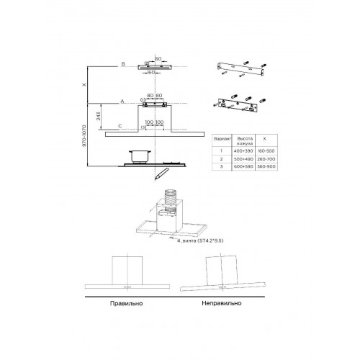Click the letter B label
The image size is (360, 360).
[123, 65]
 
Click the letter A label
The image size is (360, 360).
[123, 102]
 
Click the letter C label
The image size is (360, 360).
[120, 125]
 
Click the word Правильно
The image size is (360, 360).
[126, 303]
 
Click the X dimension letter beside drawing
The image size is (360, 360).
[84, 84]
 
